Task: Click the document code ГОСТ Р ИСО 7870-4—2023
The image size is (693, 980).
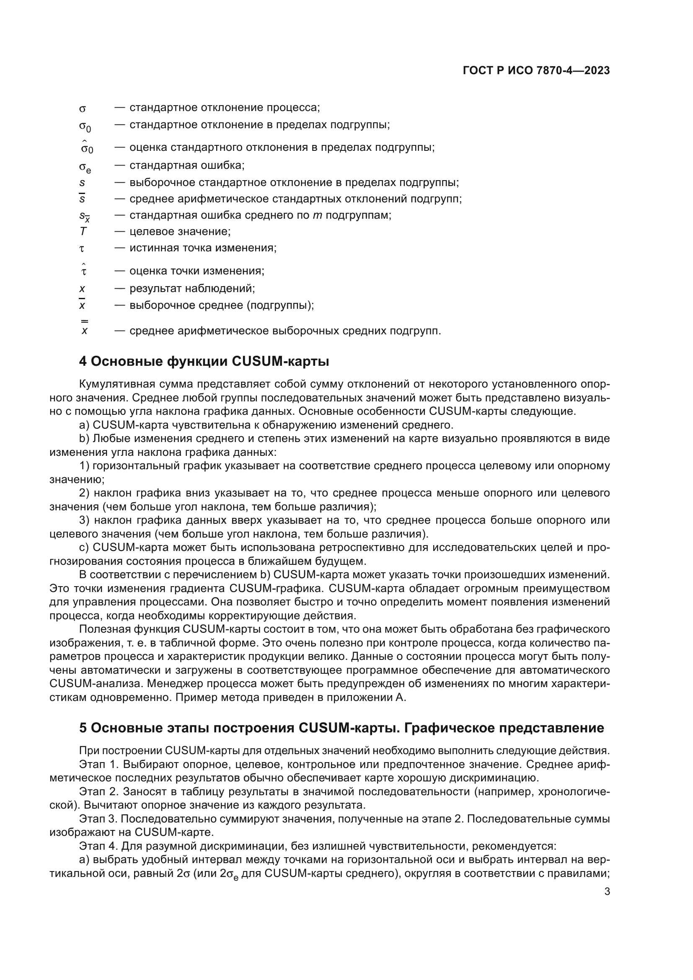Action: (x=536, y=71)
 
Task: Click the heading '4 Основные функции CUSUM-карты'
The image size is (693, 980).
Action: (x=204, y=362)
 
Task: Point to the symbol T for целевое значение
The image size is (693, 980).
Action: (x=83, y=231)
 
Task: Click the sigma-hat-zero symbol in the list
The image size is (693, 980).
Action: (x=87, y=147)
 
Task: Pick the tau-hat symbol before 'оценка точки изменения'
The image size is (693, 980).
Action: (x=84, y=270)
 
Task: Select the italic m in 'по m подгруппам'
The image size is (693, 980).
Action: (x=317, y=215)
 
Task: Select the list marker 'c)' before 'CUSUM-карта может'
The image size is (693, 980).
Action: (x=84, y=548)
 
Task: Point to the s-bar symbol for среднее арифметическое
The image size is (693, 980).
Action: (x=83, y=199)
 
